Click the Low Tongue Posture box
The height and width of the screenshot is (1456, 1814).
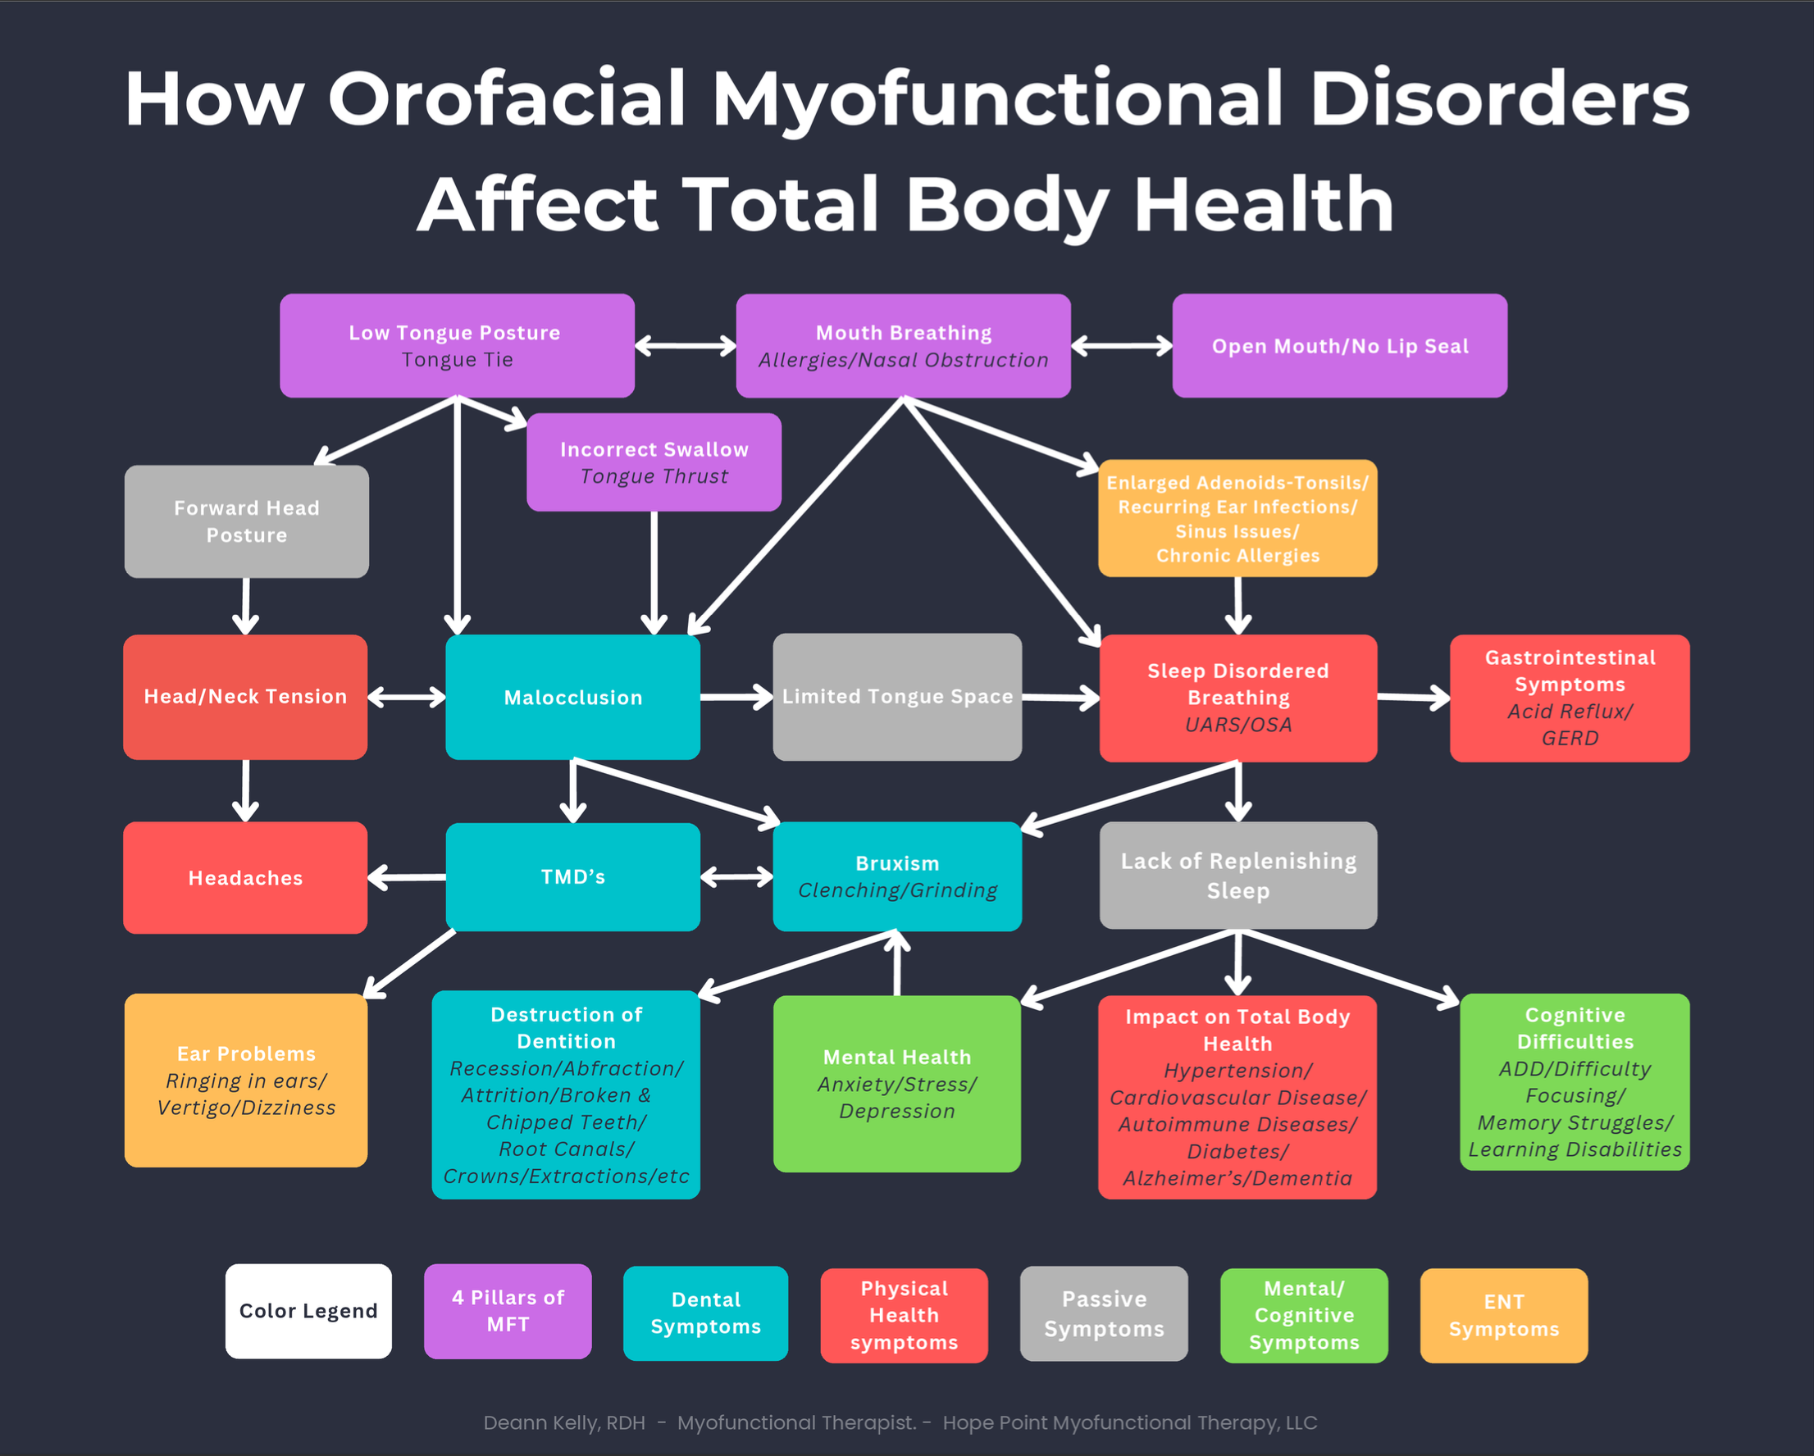[x=457, y=345]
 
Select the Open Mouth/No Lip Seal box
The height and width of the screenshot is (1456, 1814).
[x=1339, y=345]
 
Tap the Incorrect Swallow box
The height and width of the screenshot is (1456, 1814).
[x=654, y=462]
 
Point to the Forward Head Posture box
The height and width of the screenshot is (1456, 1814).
[x=247, y=521]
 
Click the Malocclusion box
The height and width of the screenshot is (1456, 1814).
[x=573, y=698]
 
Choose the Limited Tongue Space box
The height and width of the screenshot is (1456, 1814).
[x=897, y=697]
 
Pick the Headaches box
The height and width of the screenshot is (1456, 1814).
[x=245, y=877]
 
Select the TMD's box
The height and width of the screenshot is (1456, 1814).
[x=573, y=876]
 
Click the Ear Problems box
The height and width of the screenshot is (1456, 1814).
[x=246, y=1080]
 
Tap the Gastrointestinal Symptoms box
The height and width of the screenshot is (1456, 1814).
[x=1569, y=698]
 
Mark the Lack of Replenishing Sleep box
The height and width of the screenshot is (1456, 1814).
[x=1237, y=875]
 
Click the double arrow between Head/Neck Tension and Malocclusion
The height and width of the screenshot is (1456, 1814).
[x=407, y=697]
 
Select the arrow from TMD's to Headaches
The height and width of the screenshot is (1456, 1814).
[x=407, y=877]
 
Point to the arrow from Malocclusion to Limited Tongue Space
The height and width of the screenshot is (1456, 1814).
[x=736, y=697]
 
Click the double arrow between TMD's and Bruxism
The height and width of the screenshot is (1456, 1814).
[x=736, y=877]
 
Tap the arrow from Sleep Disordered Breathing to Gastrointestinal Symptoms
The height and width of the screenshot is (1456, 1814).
[x=1414, y=698]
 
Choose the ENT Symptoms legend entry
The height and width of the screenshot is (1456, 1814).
[x=1503, y=1315]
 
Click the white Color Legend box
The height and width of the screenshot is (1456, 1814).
[x=308, y=1311]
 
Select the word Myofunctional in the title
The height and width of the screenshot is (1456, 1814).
[x=998, y=99]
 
